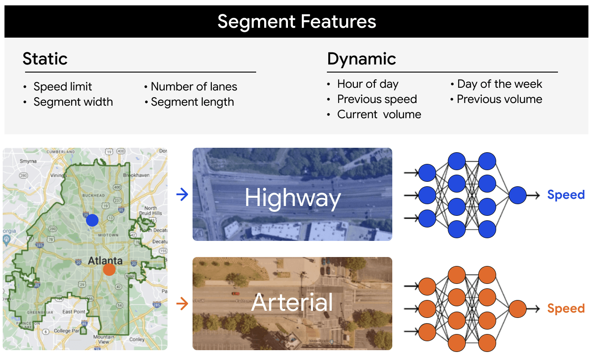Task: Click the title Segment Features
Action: point(296,21)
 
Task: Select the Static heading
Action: point(45,59)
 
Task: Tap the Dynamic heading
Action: point(361,59)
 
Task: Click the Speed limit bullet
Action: point(63,86)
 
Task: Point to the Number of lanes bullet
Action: point(193,86)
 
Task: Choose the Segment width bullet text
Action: point(73,102)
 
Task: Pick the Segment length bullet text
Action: point(192,102)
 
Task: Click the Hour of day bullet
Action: point(368,84)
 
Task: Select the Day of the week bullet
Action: point(499,84)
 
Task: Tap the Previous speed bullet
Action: point(377,99)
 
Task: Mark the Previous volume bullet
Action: point(499,99)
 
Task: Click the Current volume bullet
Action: point(379,114)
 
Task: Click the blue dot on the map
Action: point(92,220)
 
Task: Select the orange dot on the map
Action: point(109,270)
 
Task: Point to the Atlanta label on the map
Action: point(105,260)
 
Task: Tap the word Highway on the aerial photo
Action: point(293,197)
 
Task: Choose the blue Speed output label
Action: point(566,195)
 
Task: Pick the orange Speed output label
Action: point(566,309)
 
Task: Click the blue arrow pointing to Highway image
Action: point(182,194)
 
